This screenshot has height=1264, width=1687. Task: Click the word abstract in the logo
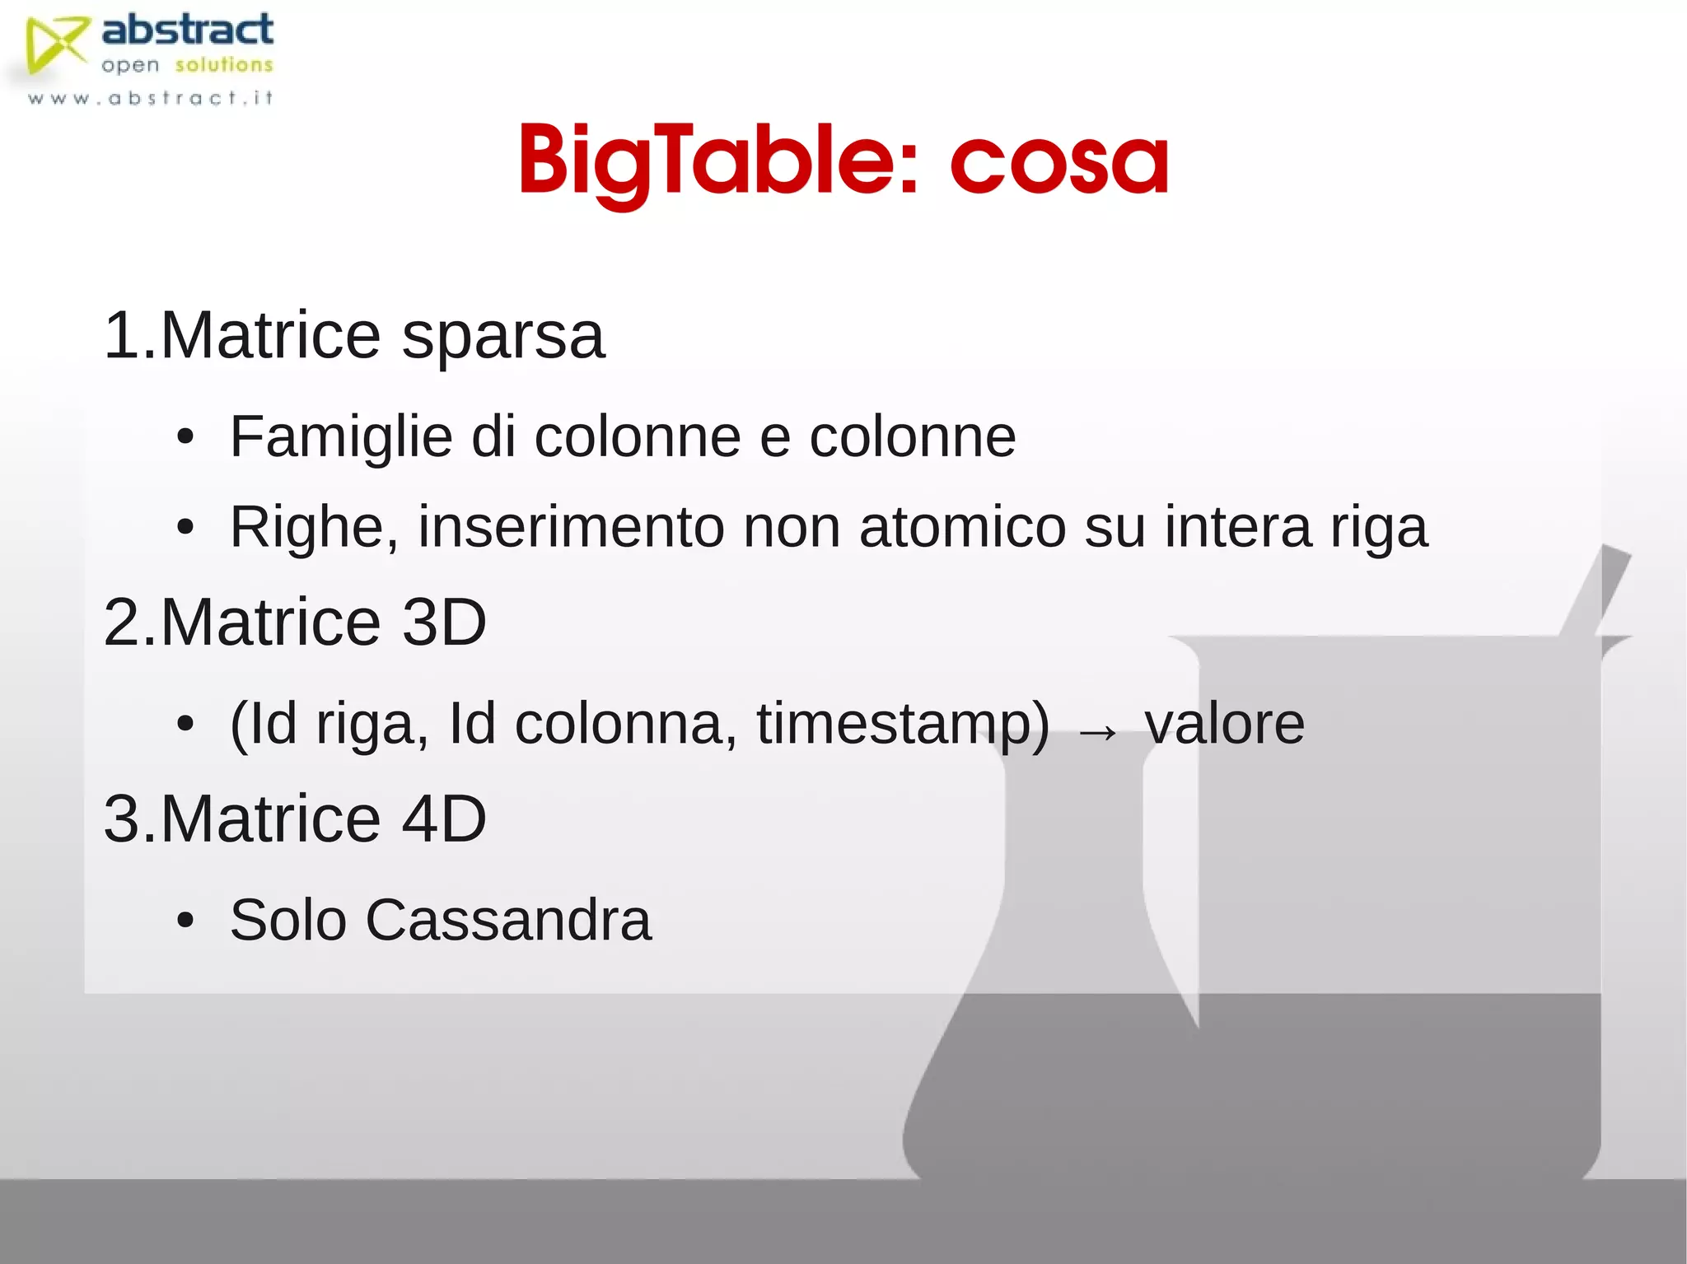[x=187, y=30]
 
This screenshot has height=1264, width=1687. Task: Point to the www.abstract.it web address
[x=150, y=99]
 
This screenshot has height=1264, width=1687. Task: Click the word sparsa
[x=503, y=338]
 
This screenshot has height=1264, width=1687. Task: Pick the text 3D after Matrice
[x=444, y=622]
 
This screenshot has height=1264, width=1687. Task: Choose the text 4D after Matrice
[x=444, y=819]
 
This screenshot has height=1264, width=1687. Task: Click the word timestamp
[x=903, y=724]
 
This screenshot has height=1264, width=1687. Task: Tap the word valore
[x=1225, y=724]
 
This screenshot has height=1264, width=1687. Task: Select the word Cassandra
[x=508, y=920]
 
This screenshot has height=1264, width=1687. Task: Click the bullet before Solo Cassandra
[x=185, y=921]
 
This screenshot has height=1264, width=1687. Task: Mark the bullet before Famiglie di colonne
[x=185, y=437]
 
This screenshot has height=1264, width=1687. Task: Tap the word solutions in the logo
[x=223, y=65]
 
